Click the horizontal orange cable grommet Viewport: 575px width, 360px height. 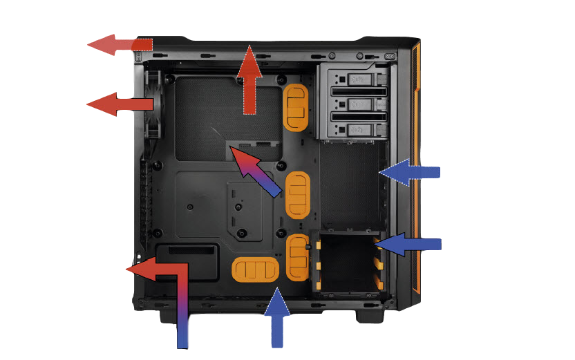[255, 269]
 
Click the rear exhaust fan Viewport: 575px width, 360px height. [153, 104]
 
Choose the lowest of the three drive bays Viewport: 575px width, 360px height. [352, 129]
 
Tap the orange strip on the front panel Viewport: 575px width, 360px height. [416, 166]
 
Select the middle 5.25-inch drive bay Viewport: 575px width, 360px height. [352, 104]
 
